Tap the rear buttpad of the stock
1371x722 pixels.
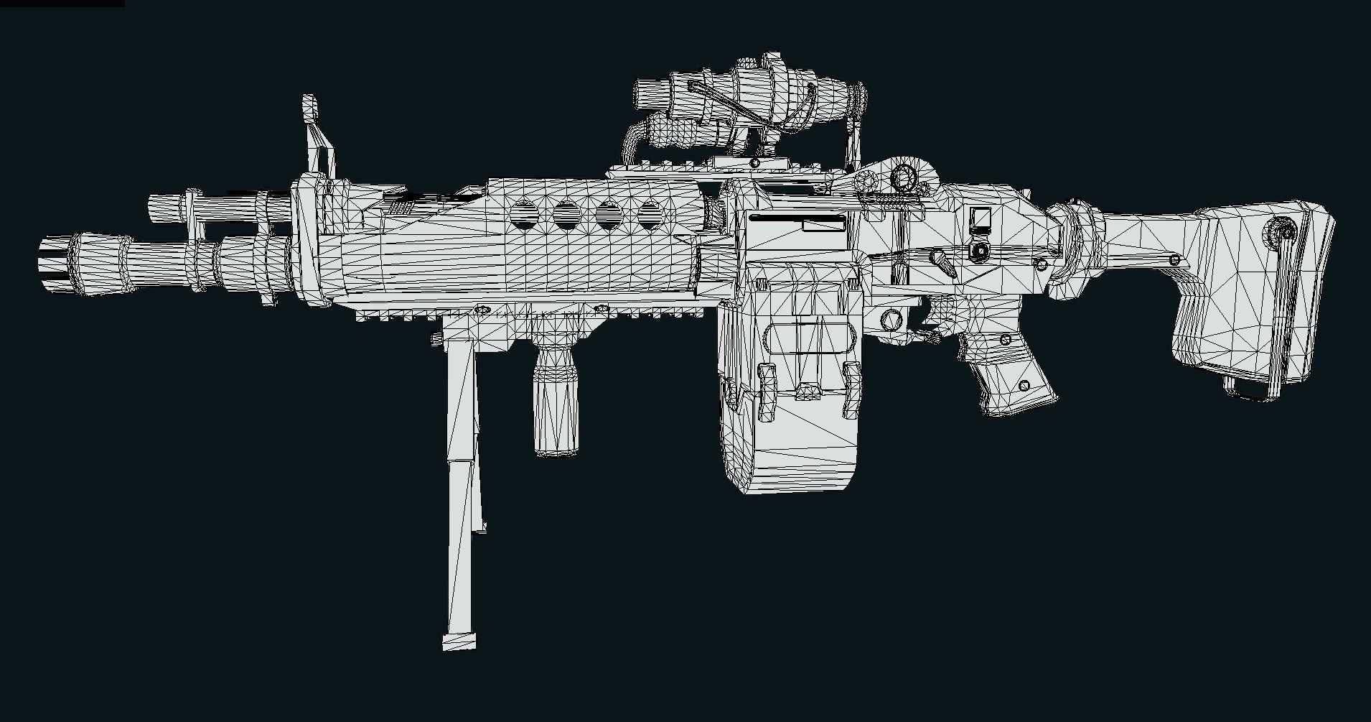point(1317,302)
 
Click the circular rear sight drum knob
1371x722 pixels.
point(903,176)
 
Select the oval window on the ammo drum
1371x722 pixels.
point(808,338)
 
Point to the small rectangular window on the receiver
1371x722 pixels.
point(980,217)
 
